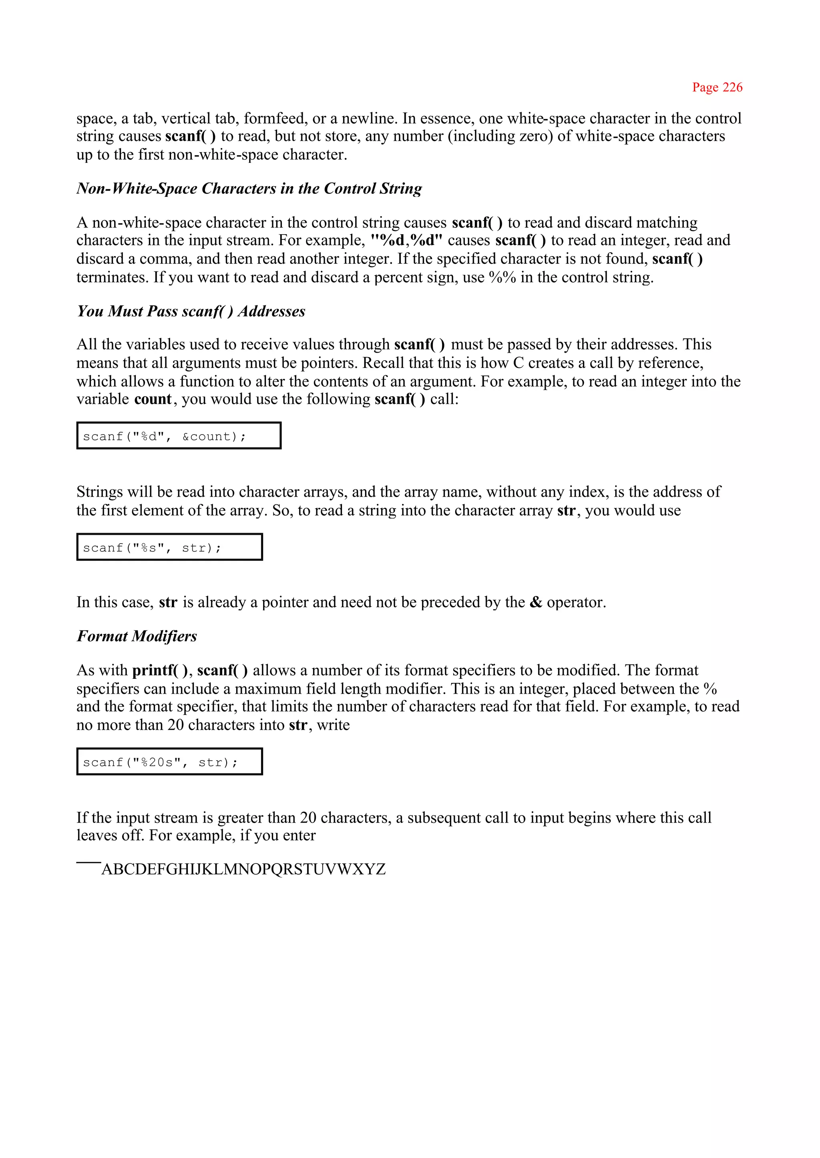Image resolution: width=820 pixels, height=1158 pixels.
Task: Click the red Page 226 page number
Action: [717, 87]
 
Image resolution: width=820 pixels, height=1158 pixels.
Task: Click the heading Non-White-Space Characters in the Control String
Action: [249, 188]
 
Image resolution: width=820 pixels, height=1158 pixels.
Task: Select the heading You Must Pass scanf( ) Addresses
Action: [191, 311]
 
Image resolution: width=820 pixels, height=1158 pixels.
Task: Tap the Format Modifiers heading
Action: [137, 636]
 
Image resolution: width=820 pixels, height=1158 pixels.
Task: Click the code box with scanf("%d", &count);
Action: [179, 436]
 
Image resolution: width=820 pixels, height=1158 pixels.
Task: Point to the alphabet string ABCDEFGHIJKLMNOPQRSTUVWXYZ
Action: [243, 869]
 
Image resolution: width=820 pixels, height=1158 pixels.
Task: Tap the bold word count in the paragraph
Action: [153, 399]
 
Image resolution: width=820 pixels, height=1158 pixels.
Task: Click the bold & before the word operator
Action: [536, 602]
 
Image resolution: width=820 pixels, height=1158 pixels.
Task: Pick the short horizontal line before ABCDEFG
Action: [88, 863]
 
